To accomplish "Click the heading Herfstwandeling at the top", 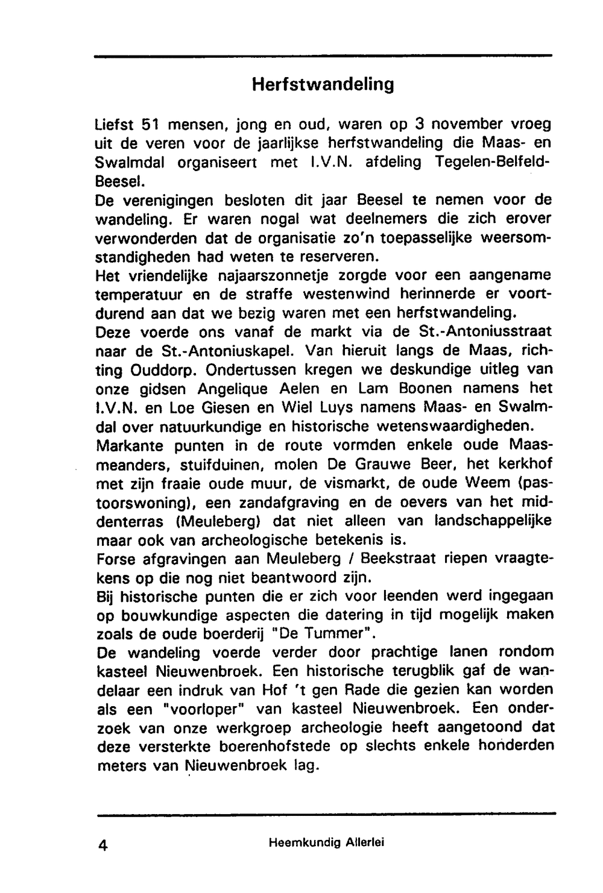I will [323, 84].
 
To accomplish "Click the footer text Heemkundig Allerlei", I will [326, 843].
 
